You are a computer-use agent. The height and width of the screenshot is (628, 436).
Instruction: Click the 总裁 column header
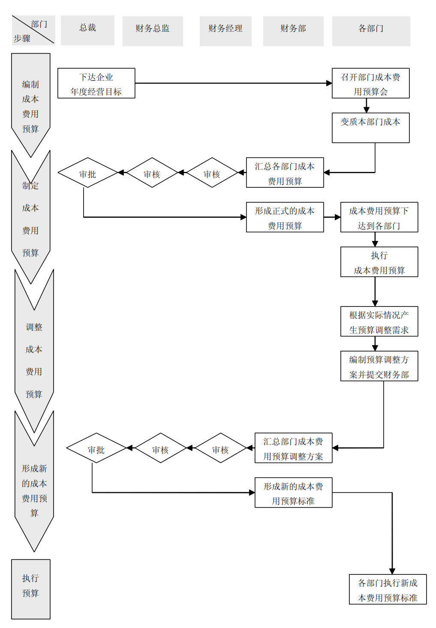click(x=87, y=30)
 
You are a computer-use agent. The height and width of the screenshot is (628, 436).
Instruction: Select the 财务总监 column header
click(x=153, y=31)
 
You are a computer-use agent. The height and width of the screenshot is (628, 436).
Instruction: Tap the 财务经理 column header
click(x=226, y=31)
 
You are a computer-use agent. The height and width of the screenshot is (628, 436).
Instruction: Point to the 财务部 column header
click(x=293, y=31)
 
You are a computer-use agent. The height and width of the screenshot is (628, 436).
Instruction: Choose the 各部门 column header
click(x=371, y=31)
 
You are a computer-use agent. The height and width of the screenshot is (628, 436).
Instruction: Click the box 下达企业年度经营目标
click(x=96, y=83)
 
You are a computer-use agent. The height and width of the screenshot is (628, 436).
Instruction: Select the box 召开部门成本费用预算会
click(x=370, y=83)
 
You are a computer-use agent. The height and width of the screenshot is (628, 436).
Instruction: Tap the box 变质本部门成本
click(x=370, y=128)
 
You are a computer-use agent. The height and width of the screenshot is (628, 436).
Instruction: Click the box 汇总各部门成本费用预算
click(x=285, y=172)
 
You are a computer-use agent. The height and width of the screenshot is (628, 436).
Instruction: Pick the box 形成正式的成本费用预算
click(x=285, y=217)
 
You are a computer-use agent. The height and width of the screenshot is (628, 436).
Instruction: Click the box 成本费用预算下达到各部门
click(x=379, y=217)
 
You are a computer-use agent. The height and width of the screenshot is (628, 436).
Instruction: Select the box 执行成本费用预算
click(x=379, y=262)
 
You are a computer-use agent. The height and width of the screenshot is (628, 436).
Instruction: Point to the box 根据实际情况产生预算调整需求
click(x=379, y=322)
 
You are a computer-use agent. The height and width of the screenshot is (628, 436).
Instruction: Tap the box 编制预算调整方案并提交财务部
click(x=379, y=366)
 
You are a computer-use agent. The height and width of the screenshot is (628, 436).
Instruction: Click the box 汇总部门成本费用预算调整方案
click(x=293, y=448)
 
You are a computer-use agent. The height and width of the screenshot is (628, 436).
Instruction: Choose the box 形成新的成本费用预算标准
click(x=293, y=493)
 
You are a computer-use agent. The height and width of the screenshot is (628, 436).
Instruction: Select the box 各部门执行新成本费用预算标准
click(x=388, y=589)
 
